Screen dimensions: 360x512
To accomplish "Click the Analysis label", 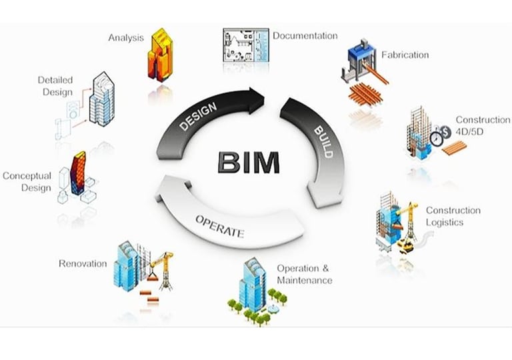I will [x=126, y=37].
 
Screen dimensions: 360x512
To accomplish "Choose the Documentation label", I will [x=305, y=35].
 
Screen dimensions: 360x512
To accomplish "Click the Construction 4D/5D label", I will [x=483, y=125].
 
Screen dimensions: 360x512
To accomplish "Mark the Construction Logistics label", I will [x=453, y=216].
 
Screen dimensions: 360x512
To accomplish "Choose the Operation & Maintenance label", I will [x=304, y=274].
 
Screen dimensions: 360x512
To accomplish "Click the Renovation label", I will [x=83, y=263].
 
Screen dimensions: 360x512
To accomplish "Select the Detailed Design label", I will [x=55, y=86].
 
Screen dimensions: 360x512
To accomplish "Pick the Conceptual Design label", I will [x=27, y=181].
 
